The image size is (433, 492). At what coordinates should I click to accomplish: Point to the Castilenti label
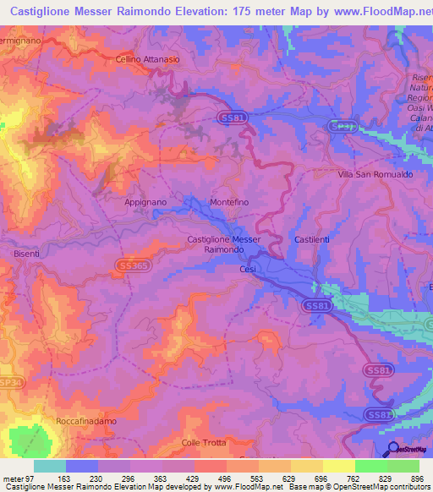(311, 240)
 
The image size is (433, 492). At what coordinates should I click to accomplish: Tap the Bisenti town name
(27, 253)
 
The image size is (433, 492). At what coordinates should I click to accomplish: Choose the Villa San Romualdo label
(375, 173)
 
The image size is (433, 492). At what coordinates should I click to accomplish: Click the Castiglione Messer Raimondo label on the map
(223, 245)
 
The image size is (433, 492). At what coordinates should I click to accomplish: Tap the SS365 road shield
(133, 266)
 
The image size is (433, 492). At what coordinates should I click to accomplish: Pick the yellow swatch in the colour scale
(338, 466)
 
